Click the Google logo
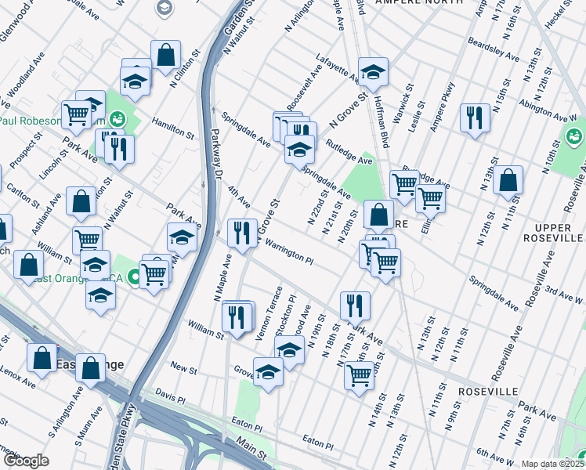click(x=25, y=461)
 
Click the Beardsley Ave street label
click(x=494, y=49)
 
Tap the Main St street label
click(x=251, y=448)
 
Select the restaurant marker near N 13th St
click(x=475, y=119)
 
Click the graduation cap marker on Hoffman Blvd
click(x=374, y=72)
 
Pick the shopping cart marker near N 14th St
click(x=359, y=375)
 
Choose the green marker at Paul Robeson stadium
click(x=117, y=120)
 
